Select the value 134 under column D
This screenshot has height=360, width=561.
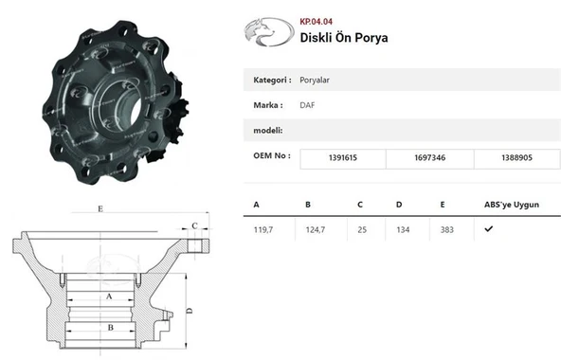pos(403,229)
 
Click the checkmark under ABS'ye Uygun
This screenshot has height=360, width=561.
pos(488,229)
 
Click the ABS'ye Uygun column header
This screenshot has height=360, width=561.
pos(512,204)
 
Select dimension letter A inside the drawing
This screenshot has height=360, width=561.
pos(108,297)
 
